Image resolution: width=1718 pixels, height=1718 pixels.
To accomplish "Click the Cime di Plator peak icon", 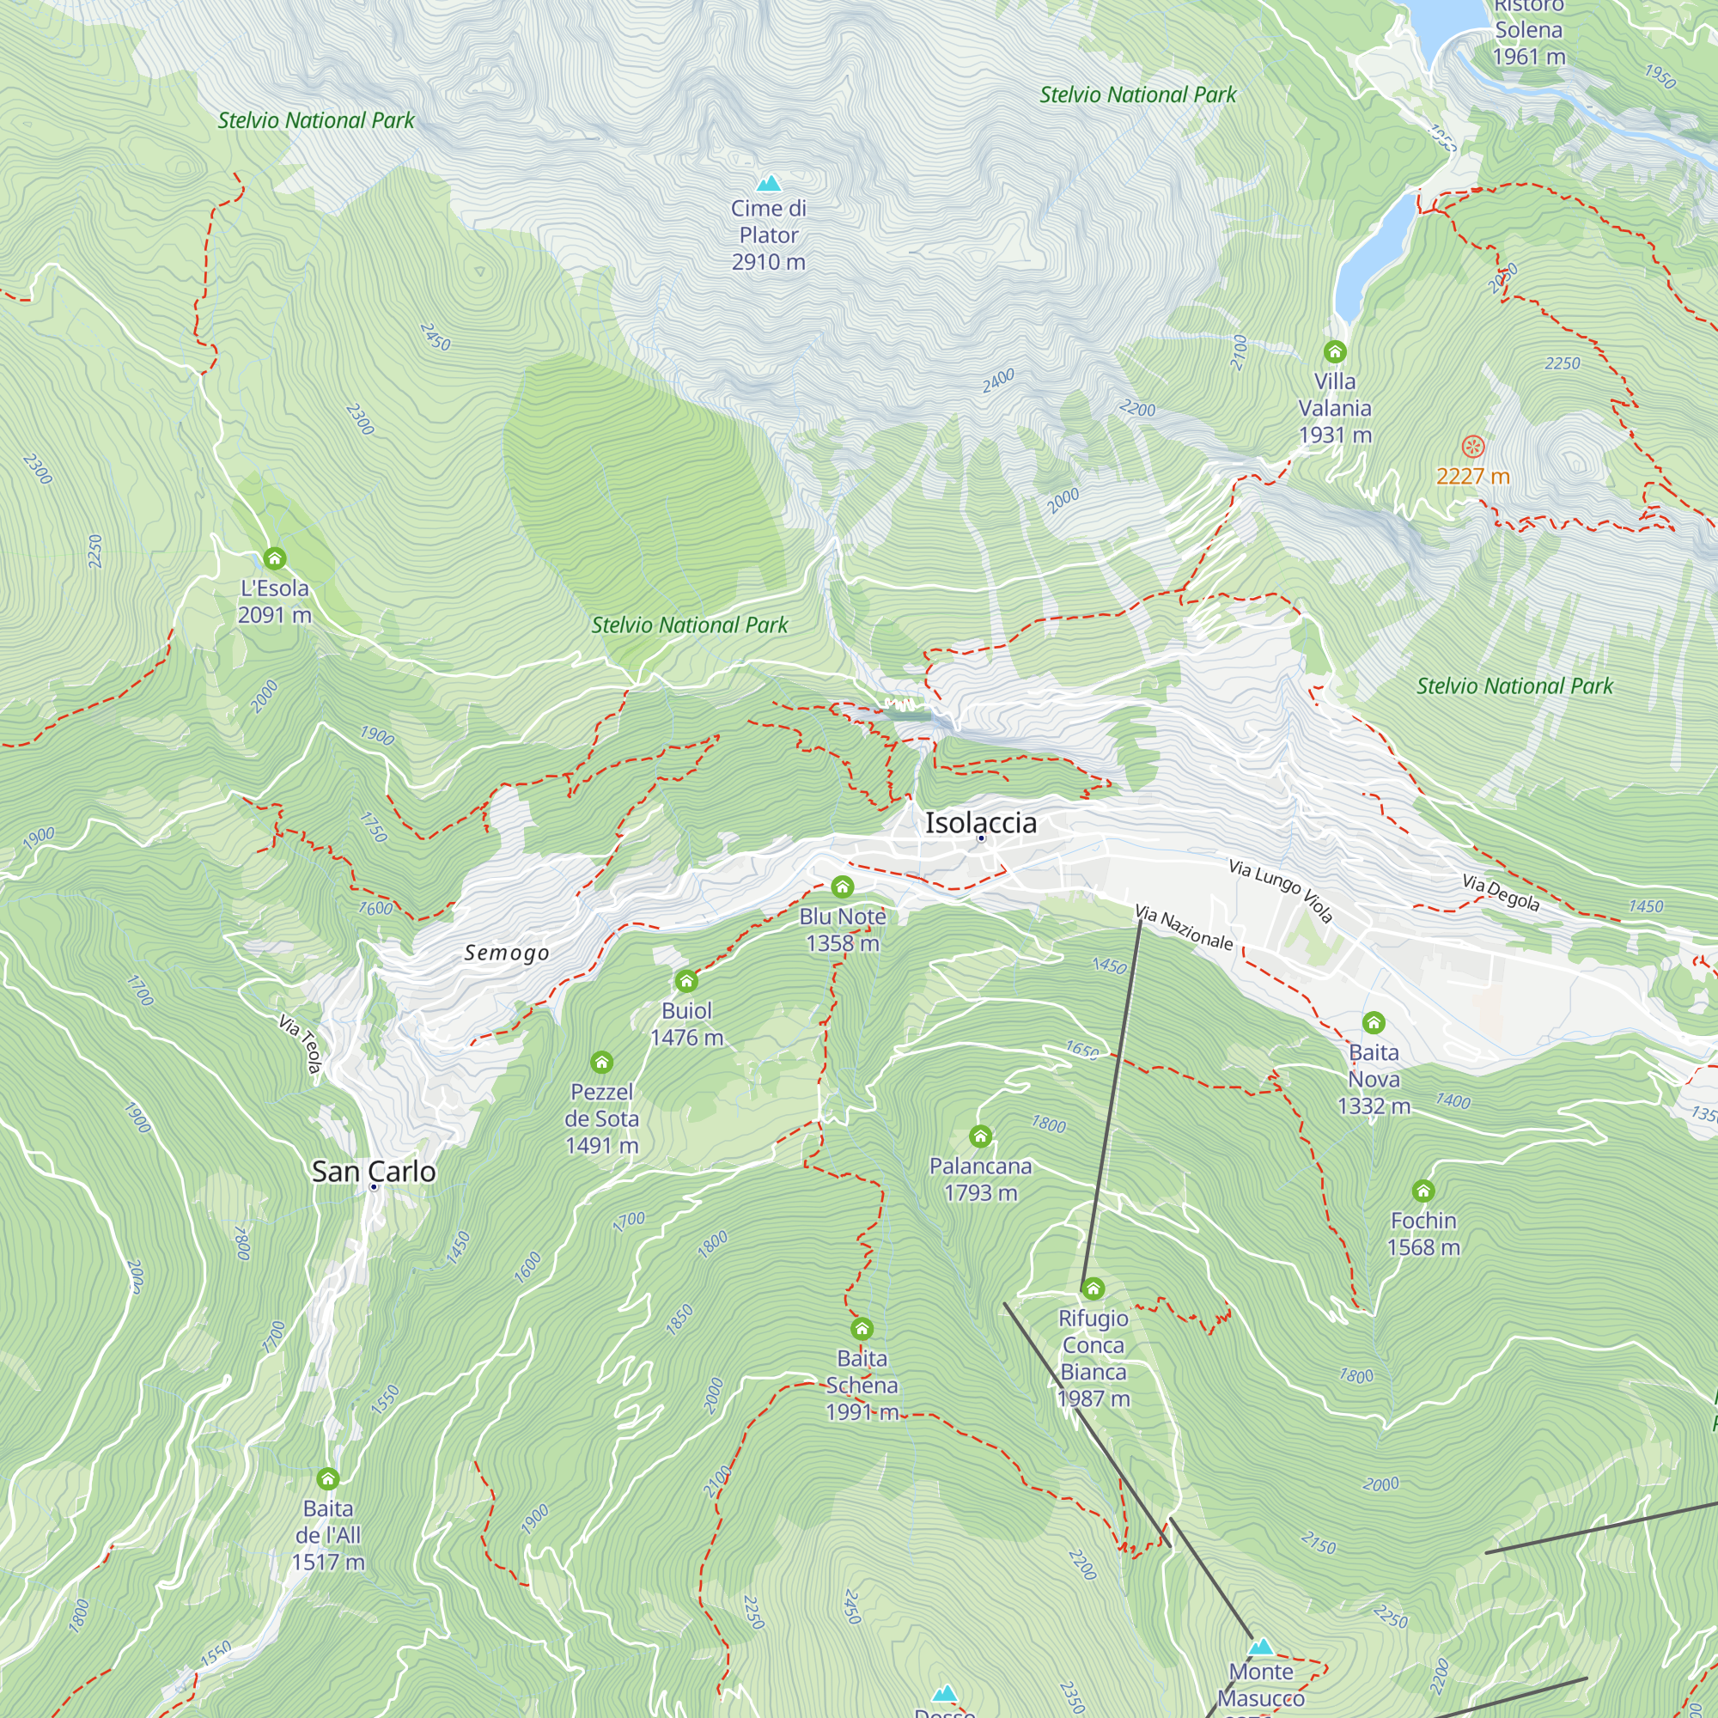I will tap(768, 183).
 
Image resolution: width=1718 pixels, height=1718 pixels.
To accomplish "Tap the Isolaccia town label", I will tap(981, 823).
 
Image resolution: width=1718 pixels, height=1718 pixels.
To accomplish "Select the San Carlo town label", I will tap(374, 1172).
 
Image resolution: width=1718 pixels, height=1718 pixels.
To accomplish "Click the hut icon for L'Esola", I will tap(275, 558).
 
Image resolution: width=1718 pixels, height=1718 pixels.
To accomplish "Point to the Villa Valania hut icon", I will tap(1335, 351).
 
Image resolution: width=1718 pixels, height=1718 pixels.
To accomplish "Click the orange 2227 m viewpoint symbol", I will tap(1473, 447).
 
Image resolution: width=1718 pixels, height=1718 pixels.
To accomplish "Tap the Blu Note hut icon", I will tap(842, 886).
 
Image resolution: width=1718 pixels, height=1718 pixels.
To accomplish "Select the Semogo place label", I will tap(507, 953).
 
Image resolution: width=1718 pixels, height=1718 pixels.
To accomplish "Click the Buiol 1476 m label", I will tap(686, 1025).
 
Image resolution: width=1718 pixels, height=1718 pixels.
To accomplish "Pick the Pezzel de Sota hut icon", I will tap(602, 1062).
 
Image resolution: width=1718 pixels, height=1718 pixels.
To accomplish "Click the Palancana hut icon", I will tap(980, 1136).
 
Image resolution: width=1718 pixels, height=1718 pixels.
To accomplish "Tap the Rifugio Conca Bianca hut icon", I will tap(1093, 1288).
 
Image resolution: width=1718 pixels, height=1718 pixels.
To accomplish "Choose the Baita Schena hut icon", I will tap(862, 1329).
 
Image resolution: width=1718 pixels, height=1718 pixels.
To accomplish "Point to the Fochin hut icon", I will tap(1423, 1191).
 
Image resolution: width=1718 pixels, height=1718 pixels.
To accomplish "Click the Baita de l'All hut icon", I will tap(328, 1479).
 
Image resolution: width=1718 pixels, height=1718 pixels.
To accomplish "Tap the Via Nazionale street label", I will tap(1185, 928).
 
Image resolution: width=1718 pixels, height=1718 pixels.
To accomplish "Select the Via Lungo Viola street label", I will tap(1281, 890).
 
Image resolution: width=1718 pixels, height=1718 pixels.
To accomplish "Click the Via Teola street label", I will tap(300, 1044).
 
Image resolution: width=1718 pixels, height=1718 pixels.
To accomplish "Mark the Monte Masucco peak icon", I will tap(1261, 1647).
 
